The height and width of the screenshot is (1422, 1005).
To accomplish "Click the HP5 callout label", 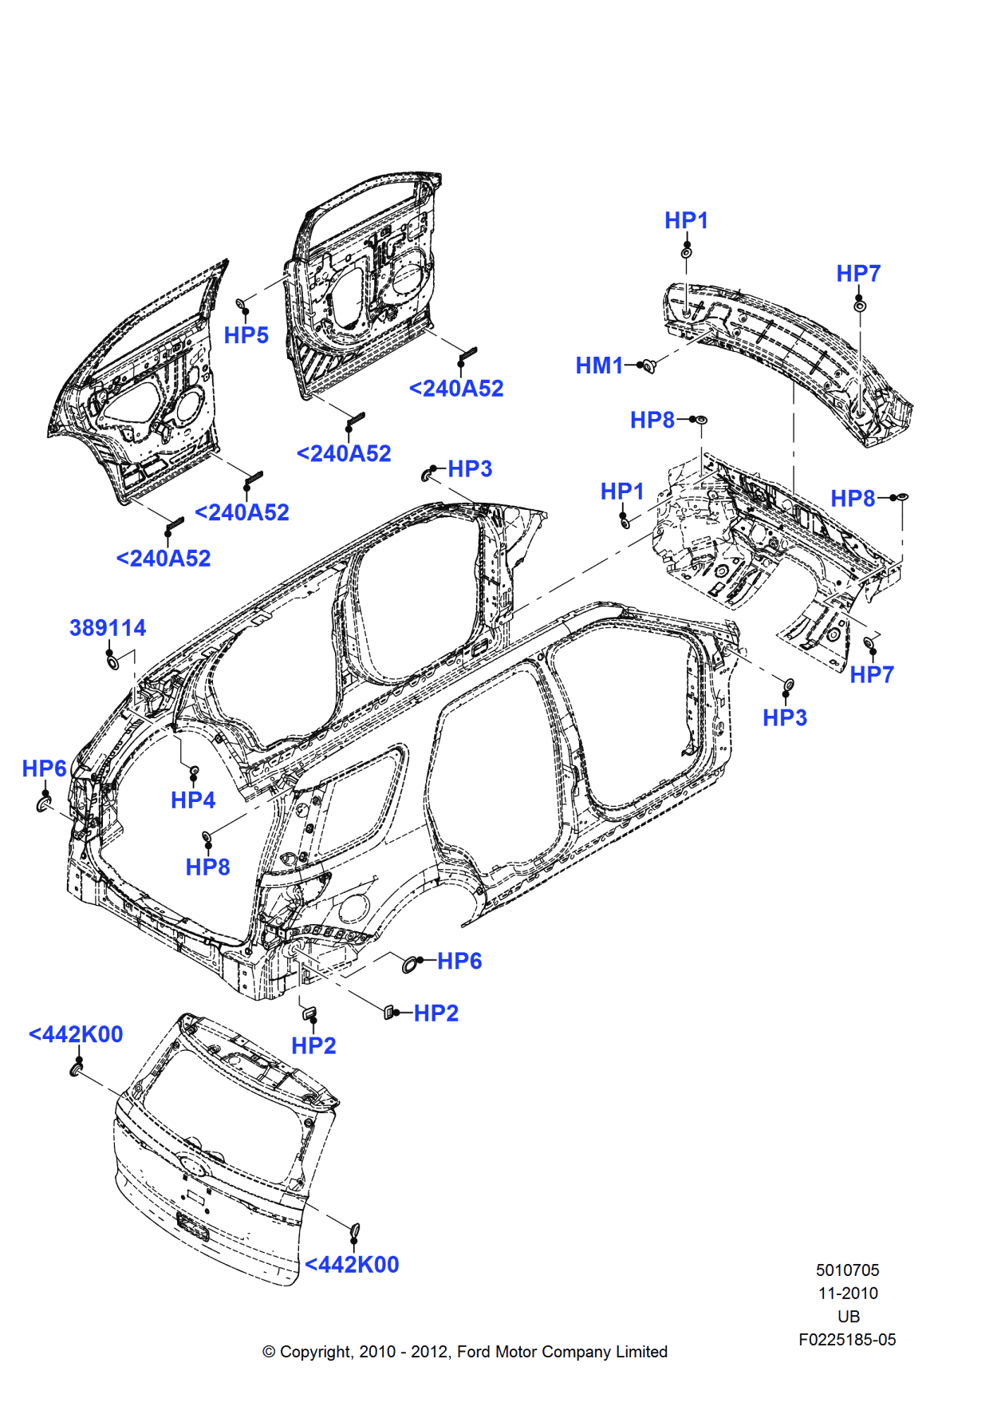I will [x=246, y=335].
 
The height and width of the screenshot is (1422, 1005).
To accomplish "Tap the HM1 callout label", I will [x=599, y=365].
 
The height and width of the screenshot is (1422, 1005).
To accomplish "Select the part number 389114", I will [x=108, y=628].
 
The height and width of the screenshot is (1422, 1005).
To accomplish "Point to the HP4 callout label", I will [x=193, y=800].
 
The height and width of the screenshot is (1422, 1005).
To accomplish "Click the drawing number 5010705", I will [x=847, y=1270].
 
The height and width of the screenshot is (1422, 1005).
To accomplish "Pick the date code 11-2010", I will [x=847, y=1293].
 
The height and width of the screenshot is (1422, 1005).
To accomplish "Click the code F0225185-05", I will [x=847, y=1339].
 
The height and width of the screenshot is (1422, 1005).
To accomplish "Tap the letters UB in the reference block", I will [x=848, y=1316].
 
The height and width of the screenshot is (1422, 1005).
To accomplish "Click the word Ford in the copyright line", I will [x=474, y=1352].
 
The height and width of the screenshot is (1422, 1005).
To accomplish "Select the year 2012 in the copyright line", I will [x=428, y=1352].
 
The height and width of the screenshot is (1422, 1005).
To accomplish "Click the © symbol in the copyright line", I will [x=269, y=1352].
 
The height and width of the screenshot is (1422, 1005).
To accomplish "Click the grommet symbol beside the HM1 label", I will [x=648, y=365].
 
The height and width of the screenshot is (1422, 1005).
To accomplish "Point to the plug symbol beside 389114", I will [x=112, y=662].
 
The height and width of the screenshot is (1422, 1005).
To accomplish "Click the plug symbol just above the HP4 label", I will [x=193, y=772].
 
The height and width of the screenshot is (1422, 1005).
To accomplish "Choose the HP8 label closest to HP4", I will [x=207, y=867].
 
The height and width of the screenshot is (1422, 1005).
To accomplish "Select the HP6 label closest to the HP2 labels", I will [x=459, y=961].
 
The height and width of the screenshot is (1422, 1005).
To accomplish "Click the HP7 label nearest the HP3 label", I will [x=872, y=674].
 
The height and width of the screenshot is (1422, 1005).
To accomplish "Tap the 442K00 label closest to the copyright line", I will [x=352, y=1264].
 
